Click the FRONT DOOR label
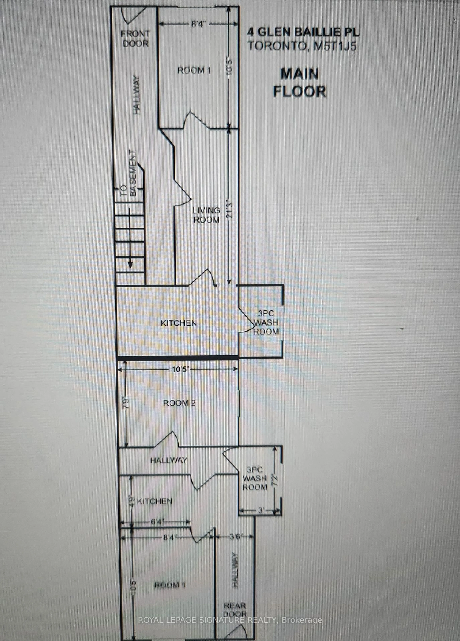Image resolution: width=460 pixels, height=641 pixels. pos(135,39)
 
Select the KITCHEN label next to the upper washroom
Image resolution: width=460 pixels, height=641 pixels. pos(179,323)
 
